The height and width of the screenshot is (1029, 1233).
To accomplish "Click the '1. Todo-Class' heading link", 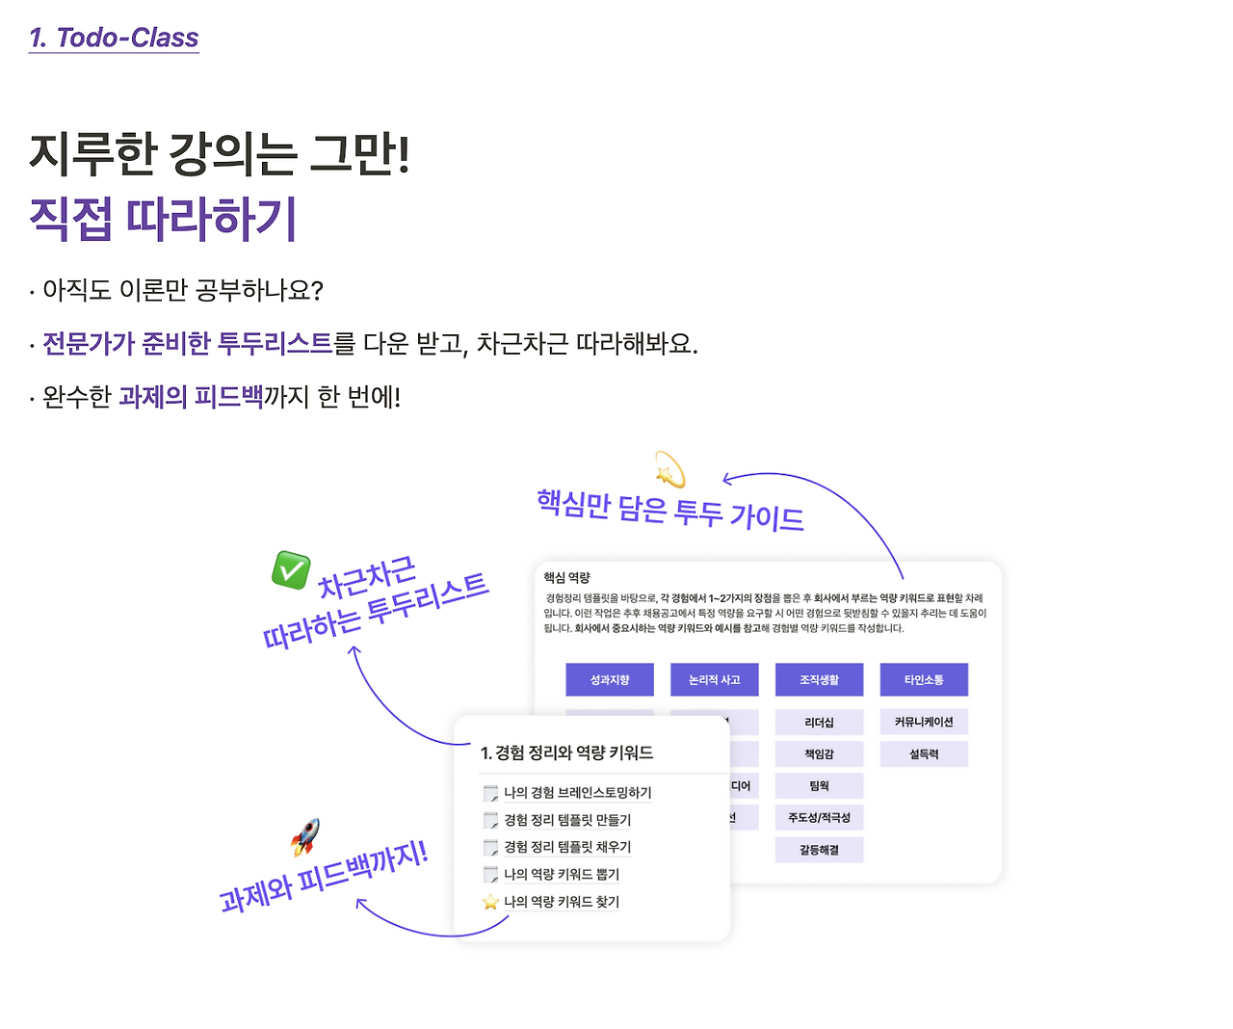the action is pos(114,38).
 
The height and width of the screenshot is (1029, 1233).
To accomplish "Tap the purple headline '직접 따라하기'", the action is pos(163,219).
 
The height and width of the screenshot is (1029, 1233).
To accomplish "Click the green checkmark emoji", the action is pos(290,569).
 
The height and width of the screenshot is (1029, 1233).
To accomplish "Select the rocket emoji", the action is pos(305,836).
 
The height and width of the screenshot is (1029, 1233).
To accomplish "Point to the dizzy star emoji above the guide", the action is pos(669,470).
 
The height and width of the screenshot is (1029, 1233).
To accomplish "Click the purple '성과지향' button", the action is pos(610,679).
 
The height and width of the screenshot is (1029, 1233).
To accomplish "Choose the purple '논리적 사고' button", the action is pos(715,679).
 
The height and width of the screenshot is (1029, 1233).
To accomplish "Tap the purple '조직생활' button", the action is pos(819,679).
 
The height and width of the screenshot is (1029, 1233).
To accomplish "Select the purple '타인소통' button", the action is pos(924,679).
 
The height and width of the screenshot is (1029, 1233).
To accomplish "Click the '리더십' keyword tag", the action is pos(819,723).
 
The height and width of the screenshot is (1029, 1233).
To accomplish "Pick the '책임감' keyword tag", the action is pos(819,754).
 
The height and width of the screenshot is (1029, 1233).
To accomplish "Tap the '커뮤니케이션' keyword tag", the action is pos(924,722).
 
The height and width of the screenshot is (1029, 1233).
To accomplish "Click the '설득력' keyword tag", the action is pos(924,754).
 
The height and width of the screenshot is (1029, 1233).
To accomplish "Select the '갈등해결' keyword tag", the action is pos(819,850).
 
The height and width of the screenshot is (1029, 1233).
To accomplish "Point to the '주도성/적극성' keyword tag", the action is pos(819,818).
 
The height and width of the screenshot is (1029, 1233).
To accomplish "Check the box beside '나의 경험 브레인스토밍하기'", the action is pos(490,793).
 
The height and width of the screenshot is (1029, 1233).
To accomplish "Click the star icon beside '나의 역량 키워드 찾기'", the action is pos(490,902).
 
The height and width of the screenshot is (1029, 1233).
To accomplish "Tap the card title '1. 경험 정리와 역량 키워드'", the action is pos(566,752).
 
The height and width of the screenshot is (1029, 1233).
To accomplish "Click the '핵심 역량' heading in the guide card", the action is pos(566,577).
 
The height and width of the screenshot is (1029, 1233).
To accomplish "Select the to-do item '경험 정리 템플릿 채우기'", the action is pos(567,847).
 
